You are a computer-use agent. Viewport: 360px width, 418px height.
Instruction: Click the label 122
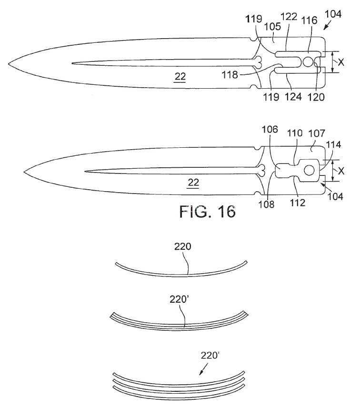point(289,17)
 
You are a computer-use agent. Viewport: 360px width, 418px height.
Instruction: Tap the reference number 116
point(309,20)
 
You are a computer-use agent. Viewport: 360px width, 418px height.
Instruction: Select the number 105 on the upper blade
point(273,26)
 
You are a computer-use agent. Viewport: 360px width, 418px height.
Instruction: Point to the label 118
point(230,75)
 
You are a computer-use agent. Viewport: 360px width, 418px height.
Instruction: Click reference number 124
point(293,96)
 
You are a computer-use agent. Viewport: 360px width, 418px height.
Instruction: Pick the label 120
point(316,97)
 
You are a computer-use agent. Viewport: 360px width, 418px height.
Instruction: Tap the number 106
point(270,129)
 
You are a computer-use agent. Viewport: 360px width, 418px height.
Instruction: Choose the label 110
point(295,133)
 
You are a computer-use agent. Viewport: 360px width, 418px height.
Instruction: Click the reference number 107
point(317,133)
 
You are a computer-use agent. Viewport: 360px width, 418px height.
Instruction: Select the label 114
point(334,144)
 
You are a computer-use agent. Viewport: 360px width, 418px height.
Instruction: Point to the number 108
point(266,204)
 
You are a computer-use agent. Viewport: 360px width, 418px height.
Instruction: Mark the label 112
point(298,203)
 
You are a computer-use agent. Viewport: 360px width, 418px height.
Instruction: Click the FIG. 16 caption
point(208,212)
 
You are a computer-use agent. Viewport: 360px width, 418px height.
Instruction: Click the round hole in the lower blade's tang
point(309,170)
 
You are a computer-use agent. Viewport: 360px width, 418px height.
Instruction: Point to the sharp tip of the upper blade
point(8,64)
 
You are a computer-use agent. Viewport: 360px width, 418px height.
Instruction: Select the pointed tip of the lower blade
point(24,172)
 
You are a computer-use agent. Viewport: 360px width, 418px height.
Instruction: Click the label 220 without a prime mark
point(183,246)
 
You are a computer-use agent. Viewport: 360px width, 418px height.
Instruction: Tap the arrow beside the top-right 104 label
point(327,26)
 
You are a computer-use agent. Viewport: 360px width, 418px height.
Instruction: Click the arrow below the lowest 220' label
point(203,369)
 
